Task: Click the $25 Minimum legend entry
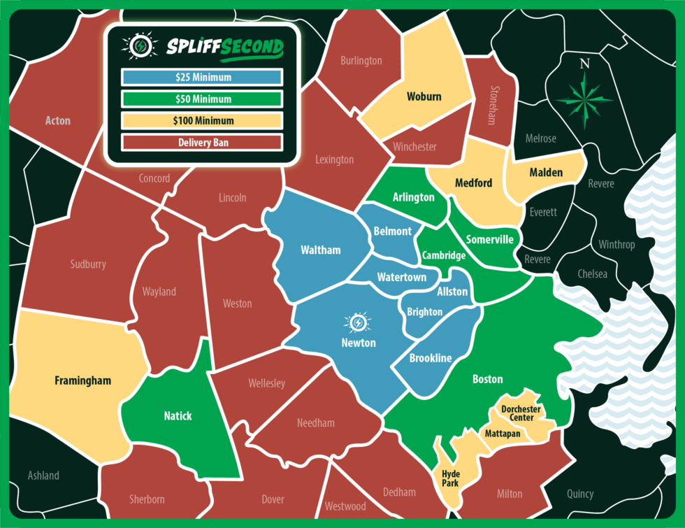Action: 201,77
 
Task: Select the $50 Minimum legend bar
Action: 201,99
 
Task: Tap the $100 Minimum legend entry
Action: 201,120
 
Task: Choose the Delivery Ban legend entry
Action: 201,142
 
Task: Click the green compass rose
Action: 585,99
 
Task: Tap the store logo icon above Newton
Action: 359,322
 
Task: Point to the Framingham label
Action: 82,381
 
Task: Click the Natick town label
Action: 178,416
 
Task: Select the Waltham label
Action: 320,250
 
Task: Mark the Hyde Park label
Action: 451,478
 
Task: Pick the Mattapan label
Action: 503,434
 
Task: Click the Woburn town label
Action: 424,97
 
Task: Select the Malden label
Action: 546,172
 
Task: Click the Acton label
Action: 58,120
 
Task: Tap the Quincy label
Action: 580,494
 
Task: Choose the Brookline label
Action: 431,358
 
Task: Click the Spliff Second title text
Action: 225,48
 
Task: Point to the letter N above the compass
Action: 585,64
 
